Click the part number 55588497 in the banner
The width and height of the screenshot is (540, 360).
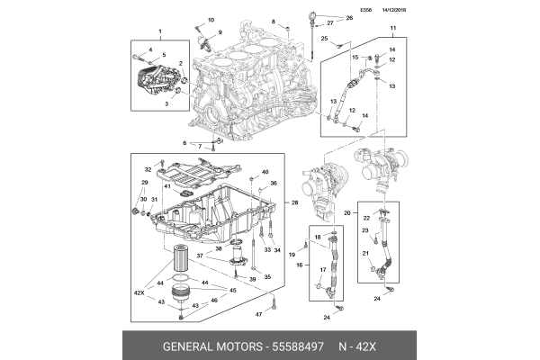click(x=296, y=346)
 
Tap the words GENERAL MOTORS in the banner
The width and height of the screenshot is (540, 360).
click(x=209, y=346)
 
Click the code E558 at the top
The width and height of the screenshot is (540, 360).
click(x=365, y=11)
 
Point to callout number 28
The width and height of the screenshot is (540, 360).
click(x=295, y=203)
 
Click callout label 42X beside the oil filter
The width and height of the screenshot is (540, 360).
click(x=139, y=293)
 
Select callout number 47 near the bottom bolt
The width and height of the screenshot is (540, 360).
click(x=257, y=314)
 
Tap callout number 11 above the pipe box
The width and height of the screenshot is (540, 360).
click(x=391, y=31)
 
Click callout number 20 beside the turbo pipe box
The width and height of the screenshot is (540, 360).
click(x=347, y=212)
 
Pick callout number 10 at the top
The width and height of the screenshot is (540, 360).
click(x=211, y=20)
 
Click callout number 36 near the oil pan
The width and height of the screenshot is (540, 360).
click(x=274, y=184)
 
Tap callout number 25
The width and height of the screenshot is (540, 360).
click(x=325, y=39)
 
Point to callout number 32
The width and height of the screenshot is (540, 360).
click(x=148, y=169)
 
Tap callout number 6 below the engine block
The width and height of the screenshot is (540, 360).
click(x=185, y=143)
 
